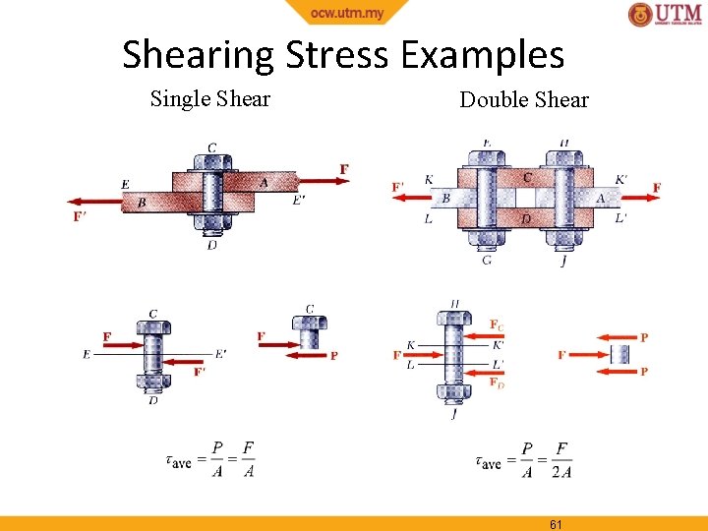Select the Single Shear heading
click(209, 98)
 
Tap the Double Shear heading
click(524, 99)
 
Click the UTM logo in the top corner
click(666, 15)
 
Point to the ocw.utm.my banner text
click(347, 12)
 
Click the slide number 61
click(556, 524)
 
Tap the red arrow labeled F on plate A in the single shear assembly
click(317, 180)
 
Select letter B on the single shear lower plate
click(142, 203)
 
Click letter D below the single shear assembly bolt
click(211, 245)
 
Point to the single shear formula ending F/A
click(210, 459)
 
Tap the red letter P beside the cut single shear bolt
click(333, 356)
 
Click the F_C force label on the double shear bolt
click(497, 324)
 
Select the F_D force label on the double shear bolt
click(497, 383)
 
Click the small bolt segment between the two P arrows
click(619, 354)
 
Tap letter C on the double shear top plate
click(527, 178)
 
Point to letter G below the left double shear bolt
click(487, 260)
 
